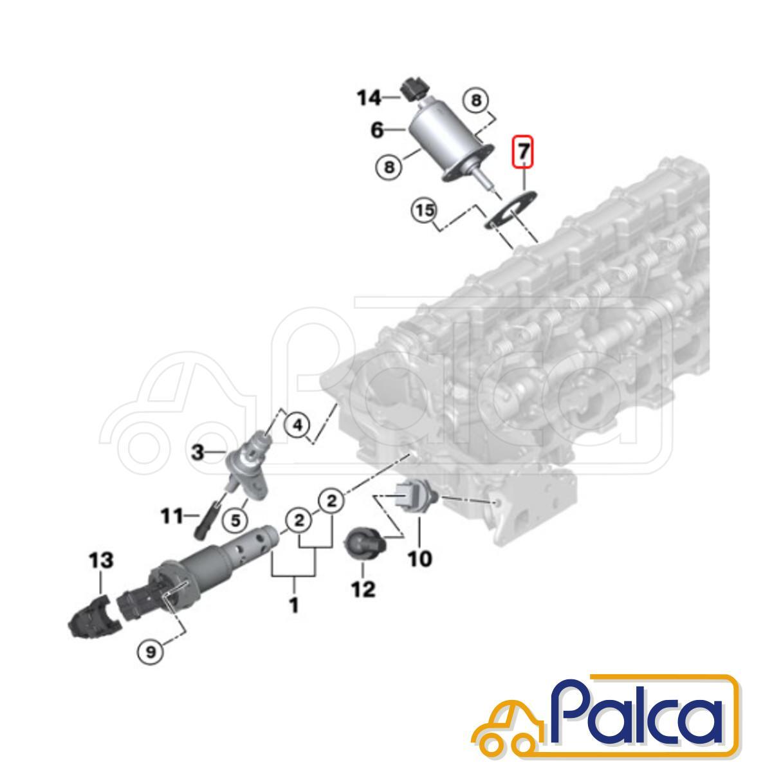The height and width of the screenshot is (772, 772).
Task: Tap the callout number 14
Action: [x=369, y=97]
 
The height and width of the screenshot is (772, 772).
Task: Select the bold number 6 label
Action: [x=377, y=130]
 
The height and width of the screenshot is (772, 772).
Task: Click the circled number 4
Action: [x=297, y=425]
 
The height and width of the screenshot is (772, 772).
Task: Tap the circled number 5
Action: [x=235, y=520]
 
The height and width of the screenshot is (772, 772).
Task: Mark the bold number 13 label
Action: [x=101, y=560]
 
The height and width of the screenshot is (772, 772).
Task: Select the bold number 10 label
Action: [x=420, y=558]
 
